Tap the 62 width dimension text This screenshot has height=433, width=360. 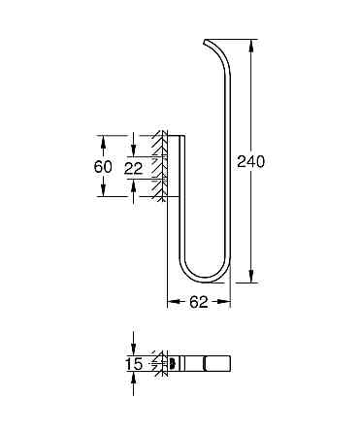200,302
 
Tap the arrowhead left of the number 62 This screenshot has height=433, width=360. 174,302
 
